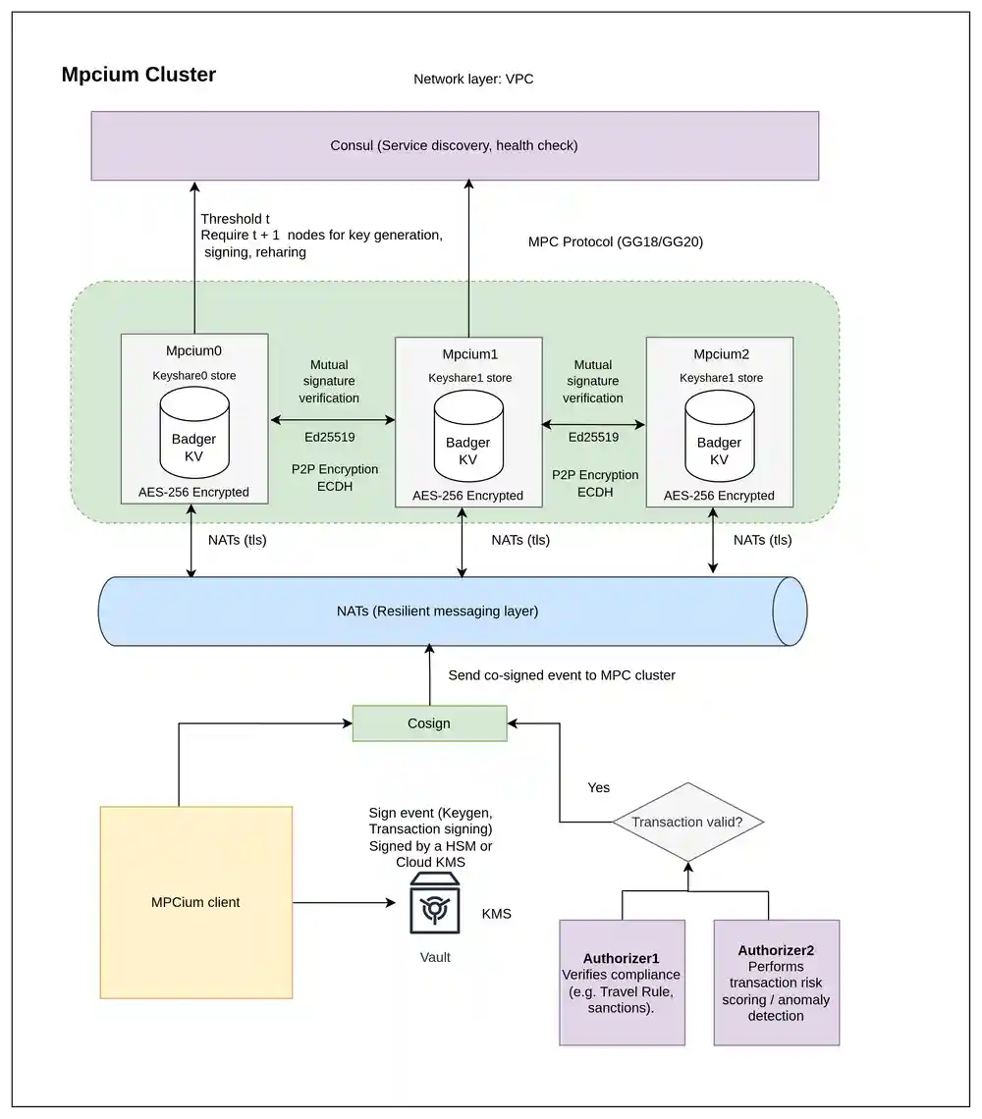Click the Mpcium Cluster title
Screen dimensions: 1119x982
tap(138, 75)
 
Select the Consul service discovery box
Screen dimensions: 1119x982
tap(455, 145)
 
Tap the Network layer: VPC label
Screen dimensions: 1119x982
tap(473, 79)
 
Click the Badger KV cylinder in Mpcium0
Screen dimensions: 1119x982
tap(194, 432)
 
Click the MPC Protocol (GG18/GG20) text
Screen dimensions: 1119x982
tap(615, 241)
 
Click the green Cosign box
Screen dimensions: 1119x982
tap(429, 723)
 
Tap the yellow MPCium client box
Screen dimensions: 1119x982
tap(195, 902)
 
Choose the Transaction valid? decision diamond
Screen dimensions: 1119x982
tap(687, 823)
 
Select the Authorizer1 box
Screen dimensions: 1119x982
tap(622, 982)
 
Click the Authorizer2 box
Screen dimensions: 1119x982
tap(776, 982)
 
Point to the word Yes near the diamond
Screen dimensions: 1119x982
tap(598, 787)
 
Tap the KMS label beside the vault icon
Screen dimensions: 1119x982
tap(496, 914)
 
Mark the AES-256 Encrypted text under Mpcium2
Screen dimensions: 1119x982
tap(719, 496)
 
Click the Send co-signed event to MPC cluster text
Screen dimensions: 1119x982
tap(562, 675)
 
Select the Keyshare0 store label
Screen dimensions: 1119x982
tap(193, 375)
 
